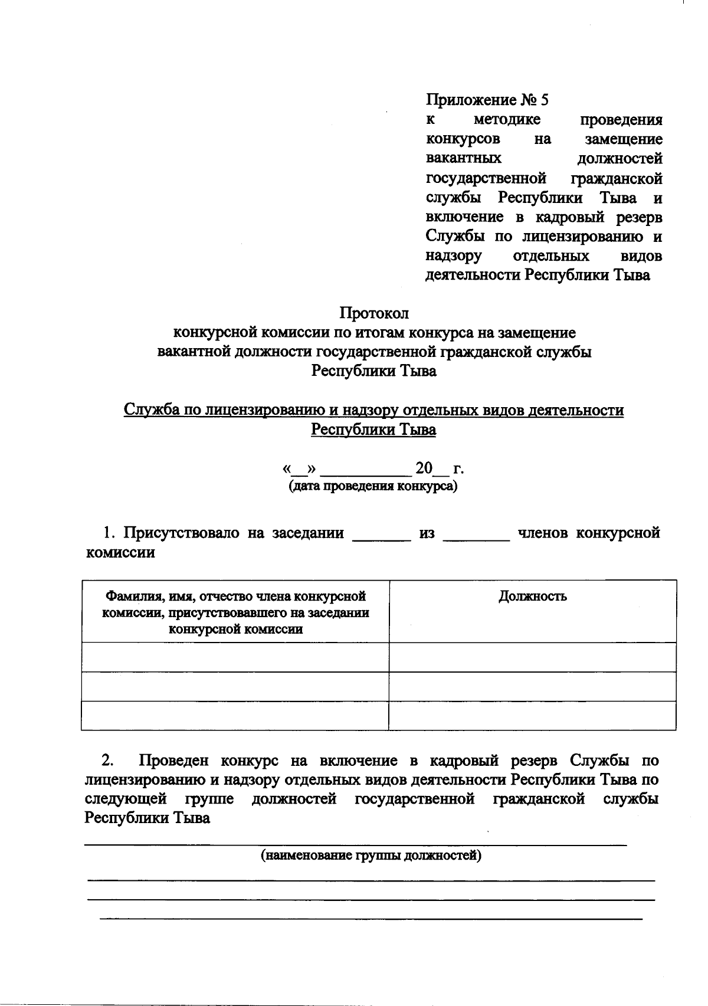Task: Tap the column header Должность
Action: click(532, 596)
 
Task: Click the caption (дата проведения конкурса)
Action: click(373, 487)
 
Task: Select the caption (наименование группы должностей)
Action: click(371, 855)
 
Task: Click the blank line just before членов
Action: click(476, 537)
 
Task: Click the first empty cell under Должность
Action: click(532, 657)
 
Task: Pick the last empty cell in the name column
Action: click(235, 716)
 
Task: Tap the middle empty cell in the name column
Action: click(235, 686)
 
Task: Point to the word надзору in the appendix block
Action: click(453, 256)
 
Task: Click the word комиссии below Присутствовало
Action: click(120, 553)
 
